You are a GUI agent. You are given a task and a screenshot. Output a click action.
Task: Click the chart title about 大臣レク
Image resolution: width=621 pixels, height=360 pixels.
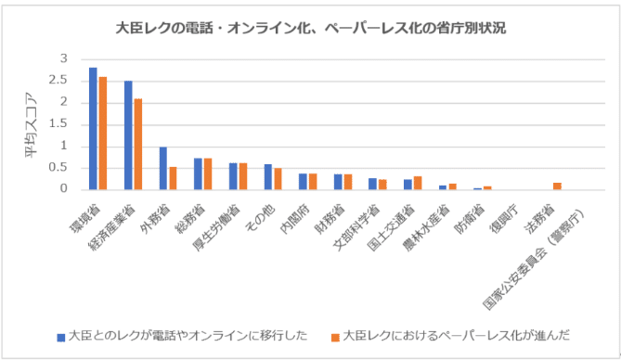pyautogui.click(x=310, y=27)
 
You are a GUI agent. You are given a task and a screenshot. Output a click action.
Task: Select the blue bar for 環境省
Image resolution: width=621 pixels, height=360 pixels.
pyautogui.click(x=93, y=128)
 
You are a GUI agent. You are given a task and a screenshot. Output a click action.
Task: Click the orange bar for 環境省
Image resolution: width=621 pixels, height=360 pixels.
pyautogui.click(x=102, y=133)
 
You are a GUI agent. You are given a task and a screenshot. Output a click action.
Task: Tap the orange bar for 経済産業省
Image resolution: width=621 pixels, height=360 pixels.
pyautogui.click(x=137, y=144)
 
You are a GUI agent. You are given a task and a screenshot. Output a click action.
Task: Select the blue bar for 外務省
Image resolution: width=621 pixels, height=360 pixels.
pyautogui.click(x=163, y=168)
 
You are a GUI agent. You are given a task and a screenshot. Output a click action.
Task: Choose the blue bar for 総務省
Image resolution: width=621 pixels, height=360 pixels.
pyautogui.click(x=199, y=174)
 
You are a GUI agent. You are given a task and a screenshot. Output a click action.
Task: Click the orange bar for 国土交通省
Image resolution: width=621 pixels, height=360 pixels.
pyautogui.click(x=418, y=183)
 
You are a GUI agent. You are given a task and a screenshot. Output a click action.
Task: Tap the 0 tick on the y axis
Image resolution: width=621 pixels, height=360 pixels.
pyautogui.click(x=66, y=189)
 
